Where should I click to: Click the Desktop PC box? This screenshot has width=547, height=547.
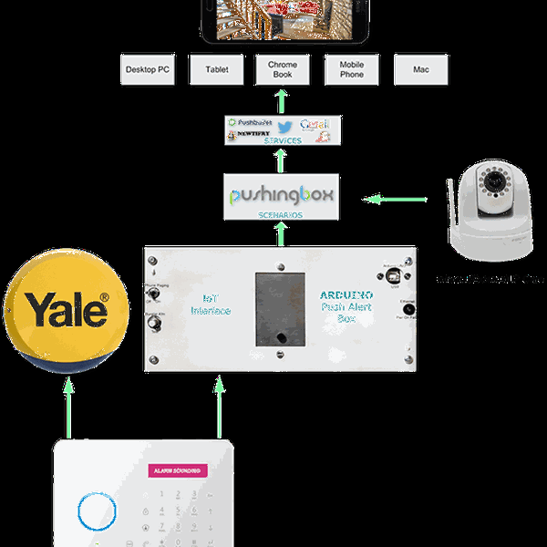(148, 69)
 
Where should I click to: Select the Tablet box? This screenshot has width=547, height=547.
(216, 69)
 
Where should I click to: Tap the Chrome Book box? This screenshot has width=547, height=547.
(283, 69)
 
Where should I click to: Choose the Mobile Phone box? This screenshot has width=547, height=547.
(351, 69)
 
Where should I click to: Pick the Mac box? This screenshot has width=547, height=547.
(419, 69)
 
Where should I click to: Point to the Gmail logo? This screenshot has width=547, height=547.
(315, 124)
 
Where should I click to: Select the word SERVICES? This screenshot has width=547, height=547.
(283, 141)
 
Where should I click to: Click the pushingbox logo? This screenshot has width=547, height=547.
(282, 195)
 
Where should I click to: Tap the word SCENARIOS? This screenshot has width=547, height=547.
(282, 215)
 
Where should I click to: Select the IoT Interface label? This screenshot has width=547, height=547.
(211, 304)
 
